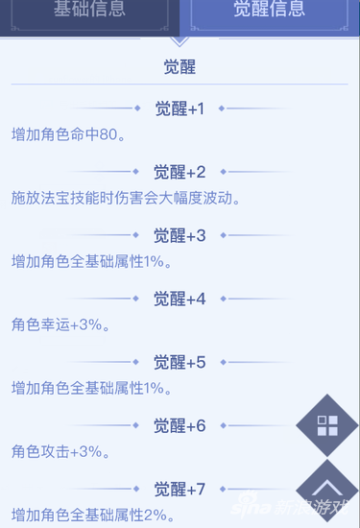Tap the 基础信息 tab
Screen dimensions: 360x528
[x=89, y=12]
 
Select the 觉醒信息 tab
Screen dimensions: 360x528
[x=269, y=12]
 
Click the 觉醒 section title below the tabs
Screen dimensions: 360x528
[x=180, y=68]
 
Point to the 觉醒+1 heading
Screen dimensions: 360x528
[x=180, y=108]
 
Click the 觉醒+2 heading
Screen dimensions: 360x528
[x=180, y=172]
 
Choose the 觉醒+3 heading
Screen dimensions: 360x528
[x=180, y=235]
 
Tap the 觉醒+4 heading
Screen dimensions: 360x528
[x=180, y=299]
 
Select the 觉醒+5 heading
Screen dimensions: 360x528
[x=180, y=362]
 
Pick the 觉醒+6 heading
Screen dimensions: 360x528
[x=180, y=425]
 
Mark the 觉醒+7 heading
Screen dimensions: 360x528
[x=180, y=489]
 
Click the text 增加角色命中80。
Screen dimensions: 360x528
[x=68, y=133]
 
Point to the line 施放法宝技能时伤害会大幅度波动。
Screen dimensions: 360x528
[x=125, y=198]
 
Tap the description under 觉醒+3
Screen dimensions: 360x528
[x=92, y=261]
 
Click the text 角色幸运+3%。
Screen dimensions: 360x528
[x=61, y=324]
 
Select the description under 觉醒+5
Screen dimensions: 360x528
[x=92, y=388]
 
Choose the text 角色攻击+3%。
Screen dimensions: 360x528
[x=61, y=451]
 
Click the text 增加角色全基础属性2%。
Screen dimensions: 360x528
[x=92, y=515]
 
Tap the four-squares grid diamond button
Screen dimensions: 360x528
[x=326, y=426]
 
